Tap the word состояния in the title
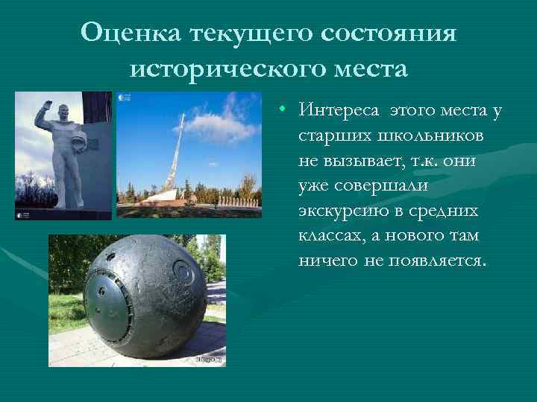[389, 32]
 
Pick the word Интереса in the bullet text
[338, 112]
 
